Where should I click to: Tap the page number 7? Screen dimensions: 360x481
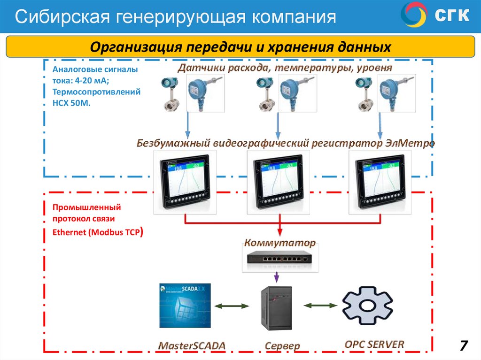463,346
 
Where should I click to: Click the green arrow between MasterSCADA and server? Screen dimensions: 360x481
231,306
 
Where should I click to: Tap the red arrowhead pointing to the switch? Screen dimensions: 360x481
280,232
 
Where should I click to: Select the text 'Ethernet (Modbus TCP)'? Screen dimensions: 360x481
98,231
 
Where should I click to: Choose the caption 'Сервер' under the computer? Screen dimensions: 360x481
282,346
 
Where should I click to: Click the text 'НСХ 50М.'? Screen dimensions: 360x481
71,101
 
